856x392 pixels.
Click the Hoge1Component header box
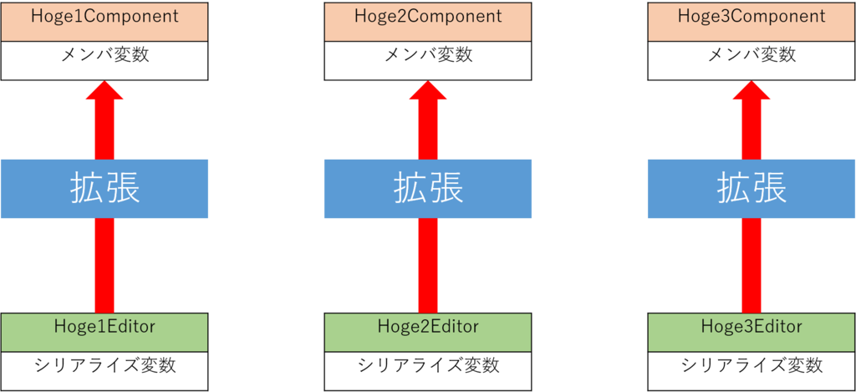point(104,18)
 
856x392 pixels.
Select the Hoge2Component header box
point(428,18)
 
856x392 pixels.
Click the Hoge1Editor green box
point(104,327)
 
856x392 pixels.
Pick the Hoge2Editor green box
point(428,327)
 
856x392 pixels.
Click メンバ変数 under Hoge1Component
point(104,56)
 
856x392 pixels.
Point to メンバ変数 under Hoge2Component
point(428,56)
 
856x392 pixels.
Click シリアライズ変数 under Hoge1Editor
point(104,365)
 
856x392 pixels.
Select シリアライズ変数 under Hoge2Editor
point(428,365)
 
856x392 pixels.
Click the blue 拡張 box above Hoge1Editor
point(104,190)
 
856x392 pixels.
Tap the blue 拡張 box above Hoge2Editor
point(428,190)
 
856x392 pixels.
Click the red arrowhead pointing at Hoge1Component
point(104,92)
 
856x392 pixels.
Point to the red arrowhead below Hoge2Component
point(428,92)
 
